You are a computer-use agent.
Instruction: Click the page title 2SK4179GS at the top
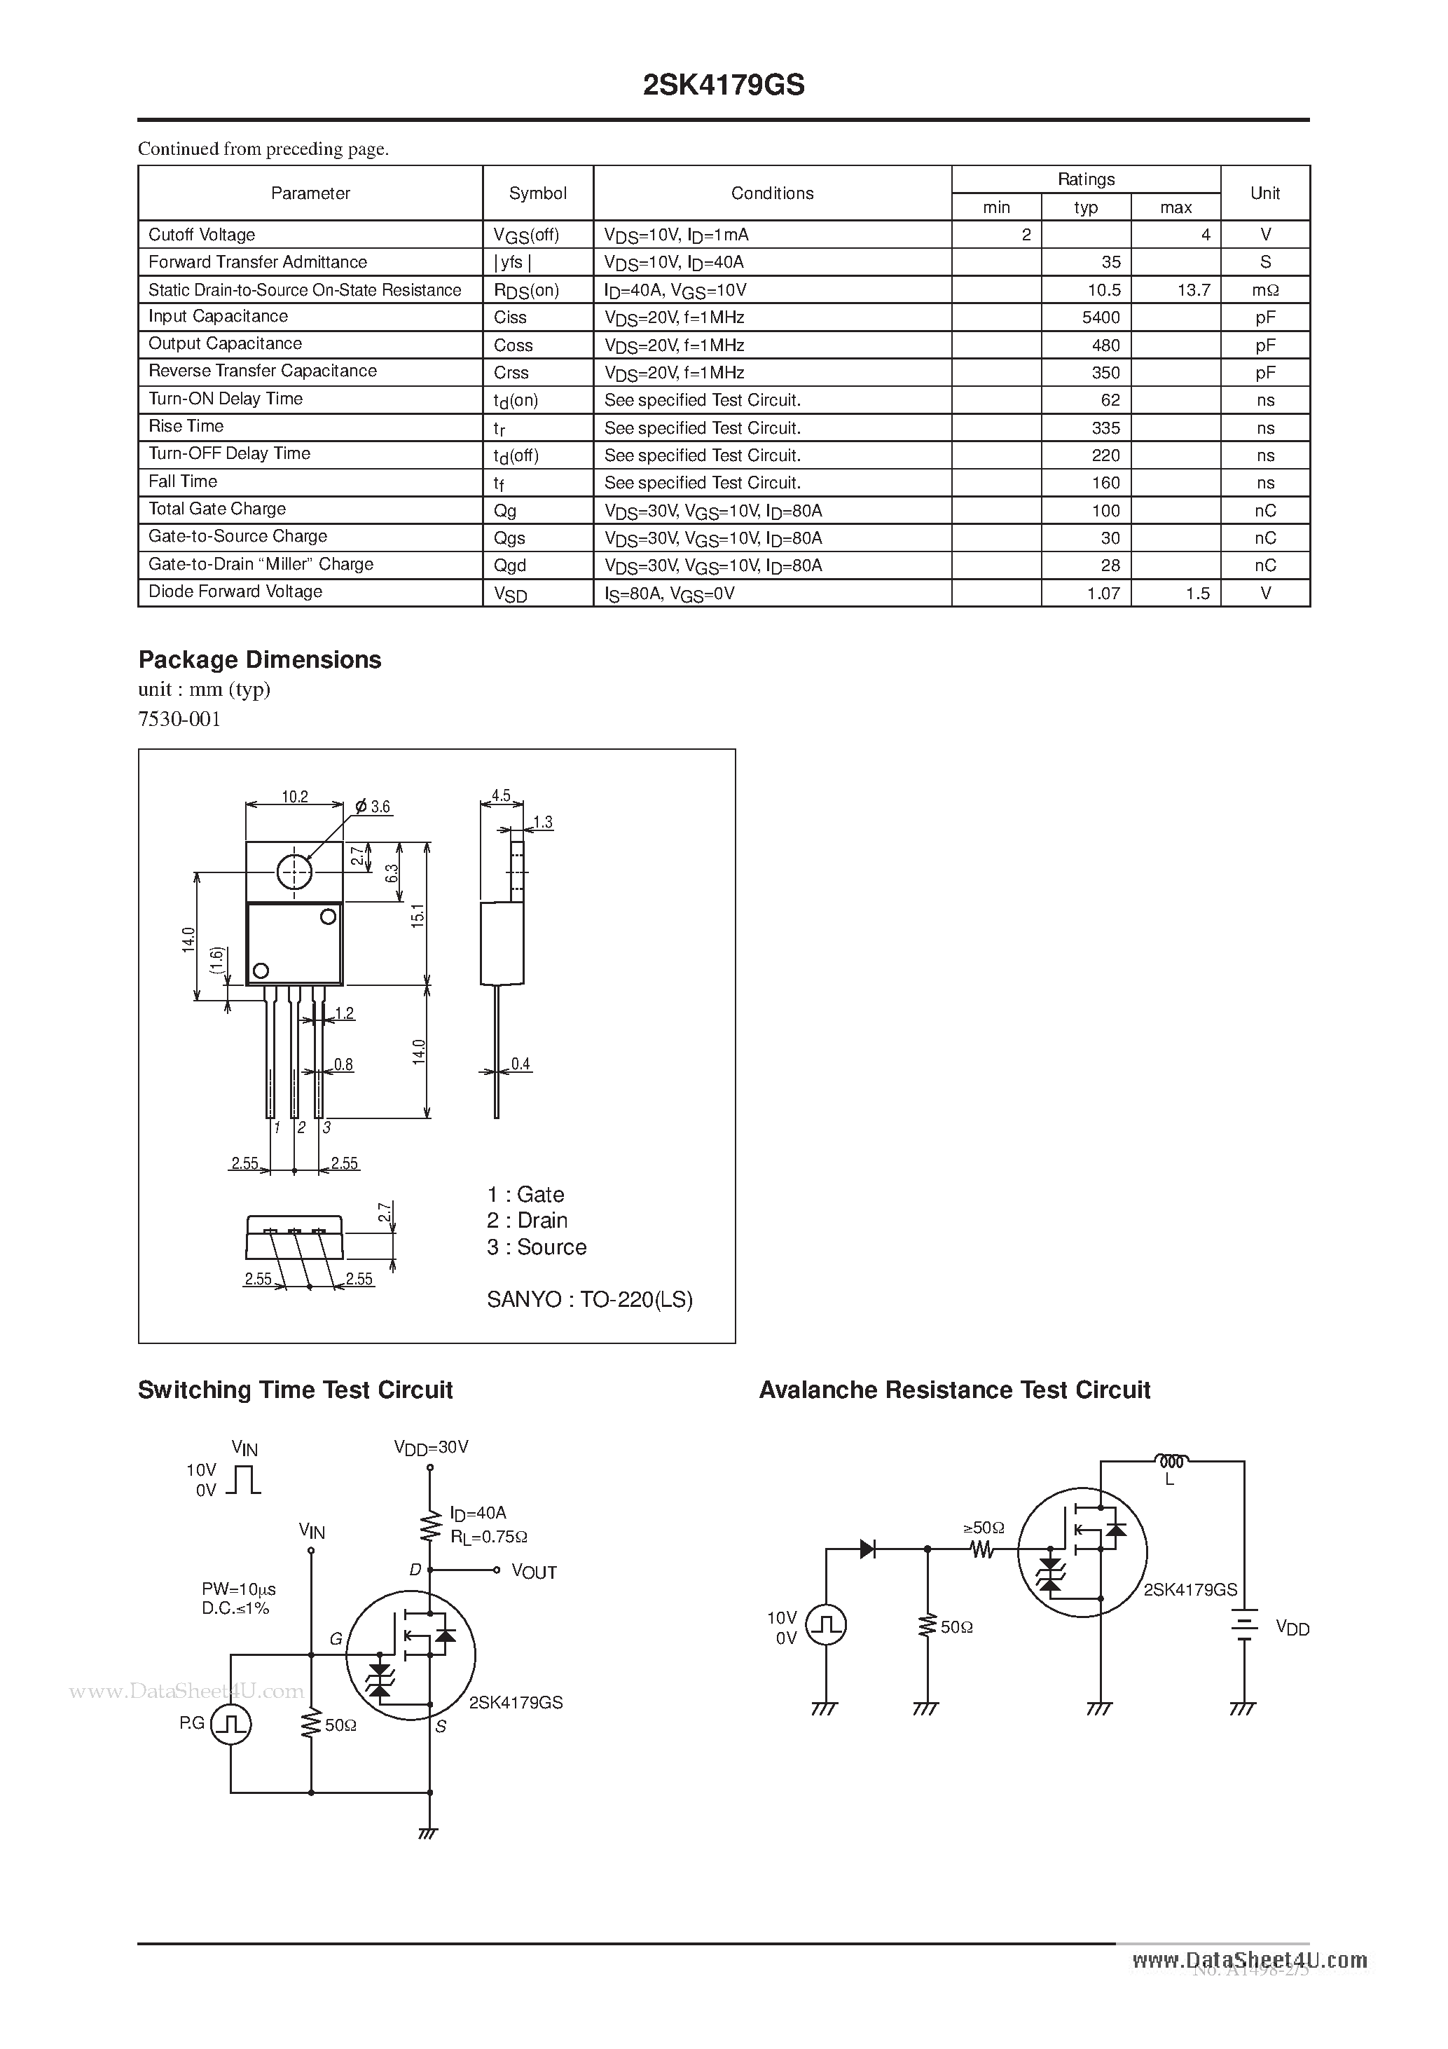724,85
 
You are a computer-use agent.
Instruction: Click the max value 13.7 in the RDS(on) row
1193,290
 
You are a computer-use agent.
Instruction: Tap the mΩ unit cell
1264,290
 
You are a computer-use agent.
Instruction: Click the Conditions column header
772,193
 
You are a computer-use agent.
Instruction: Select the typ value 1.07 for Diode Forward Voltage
1103,594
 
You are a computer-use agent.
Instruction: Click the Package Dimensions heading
260,659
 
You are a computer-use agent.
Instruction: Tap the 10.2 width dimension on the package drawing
294,796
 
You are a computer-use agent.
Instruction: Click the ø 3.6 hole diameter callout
373,807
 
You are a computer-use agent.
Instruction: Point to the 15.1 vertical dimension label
418,916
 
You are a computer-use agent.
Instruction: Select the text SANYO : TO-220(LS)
589,1299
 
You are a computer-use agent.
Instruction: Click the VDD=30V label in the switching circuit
431,1446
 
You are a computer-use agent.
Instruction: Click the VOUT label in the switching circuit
534,1572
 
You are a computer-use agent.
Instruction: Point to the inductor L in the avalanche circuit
1170,1461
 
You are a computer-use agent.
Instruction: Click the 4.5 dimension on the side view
500,795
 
